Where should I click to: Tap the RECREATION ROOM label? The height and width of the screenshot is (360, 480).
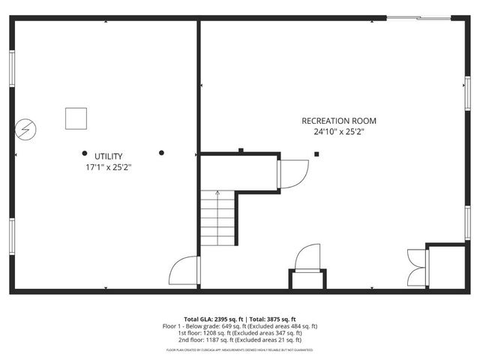pyautogui.click(x=339, y=121)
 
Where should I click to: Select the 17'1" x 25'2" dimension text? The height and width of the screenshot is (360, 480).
pyautogui.click(x=109, y=167)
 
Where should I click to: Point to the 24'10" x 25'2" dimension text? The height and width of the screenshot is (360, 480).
pyautogui.click(x=339, y=133)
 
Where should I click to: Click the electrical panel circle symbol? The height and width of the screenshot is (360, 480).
pyautogui.click(x=27, y=129)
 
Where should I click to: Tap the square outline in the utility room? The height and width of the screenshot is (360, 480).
pyautogui.click(x=76, y=118)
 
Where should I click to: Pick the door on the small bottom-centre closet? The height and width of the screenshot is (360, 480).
pyautogui.click(x=307, y=259)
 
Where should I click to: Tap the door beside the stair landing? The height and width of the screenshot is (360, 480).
pyautogui.click(x=293, y=174)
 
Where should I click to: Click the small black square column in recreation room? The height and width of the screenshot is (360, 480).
pyautogui.click(x=317, y=154)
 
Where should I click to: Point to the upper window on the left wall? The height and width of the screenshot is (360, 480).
pyautogui.click(x=12, y=70)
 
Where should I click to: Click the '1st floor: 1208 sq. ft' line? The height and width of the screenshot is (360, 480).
pyautogui.click(x=240, y=333)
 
